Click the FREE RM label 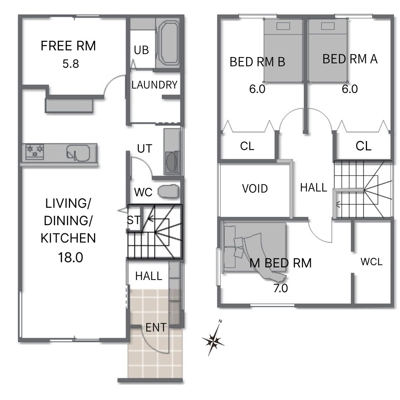(x=68, y=46)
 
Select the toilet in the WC (x=169, y=191)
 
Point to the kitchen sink (x=78, y=153)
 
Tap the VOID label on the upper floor (x=255, y=189)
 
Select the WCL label (x=371, y=262)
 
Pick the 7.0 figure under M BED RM (x=281, y=288)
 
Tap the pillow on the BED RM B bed (x=283, y=26)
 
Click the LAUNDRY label (x=154, y=85)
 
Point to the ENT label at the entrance (x=156, y=327)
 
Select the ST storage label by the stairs (x=134, y=220)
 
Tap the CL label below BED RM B (x=247, y=146)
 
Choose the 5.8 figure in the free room (x=71, y=64)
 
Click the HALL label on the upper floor (x=314, y=187)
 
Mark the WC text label (x=143, y=192)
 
